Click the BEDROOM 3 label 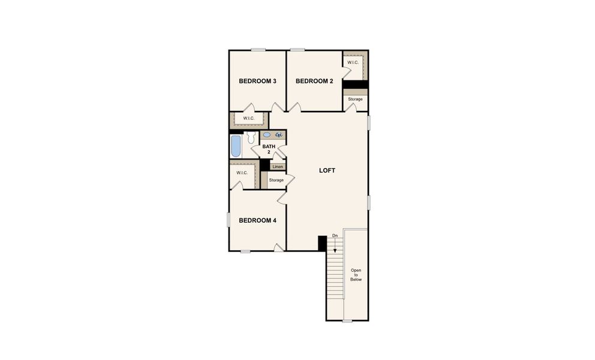(257, 82)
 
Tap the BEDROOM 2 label (314, 82)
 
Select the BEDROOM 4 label (257, 221)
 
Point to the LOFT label (327, 170)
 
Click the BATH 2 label (268, 149)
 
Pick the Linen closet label (278, 167)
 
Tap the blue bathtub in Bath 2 (236, 146)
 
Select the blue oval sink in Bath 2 (267, 135)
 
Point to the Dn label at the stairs (335, 236)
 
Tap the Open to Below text (356, 275)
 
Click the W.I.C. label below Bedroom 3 (249, 118)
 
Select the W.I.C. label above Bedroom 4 (242, 173)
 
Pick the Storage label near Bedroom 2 (355, 99)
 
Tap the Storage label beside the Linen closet (276, 180)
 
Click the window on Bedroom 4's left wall (229, 220)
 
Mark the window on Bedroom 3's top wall (259, 50)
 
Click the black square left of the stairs (321, 244)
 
